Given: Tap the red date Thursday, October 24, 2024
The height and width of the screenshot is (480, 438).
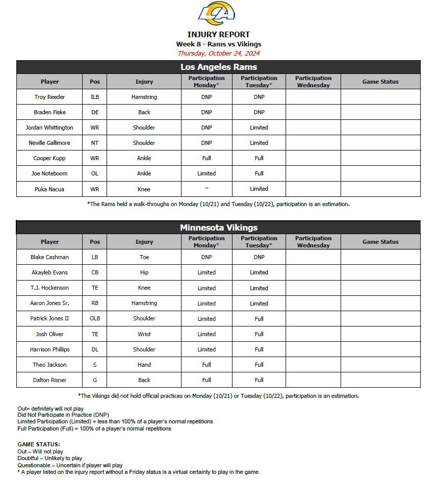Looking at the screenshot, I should coord(218,53).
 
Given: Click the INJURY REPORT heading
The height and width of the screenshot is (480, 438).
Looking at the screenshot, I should coord(218,35).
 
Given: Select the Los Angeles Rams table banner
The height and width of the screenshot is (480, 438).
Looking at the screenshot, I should coord(218,67).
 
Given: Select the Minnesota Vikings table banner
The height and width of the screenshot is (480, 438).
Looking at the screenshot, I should coord(218,228).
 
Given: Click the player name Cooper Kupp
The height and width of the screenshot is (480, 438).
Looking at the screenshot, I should coord(50,158).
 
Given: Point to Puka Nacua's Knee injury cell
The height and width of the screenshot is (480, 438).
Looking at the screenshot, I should coord(144,189).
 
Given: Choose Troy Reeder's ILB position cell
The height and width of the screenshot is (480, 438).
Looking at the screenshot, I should coord(95,97).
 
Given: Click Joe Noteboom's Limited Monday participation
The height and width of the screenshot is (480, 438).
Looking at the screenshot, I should coord(207,173).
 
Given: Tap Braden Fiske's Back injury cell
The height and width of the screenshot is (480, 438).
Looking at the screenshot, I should coord(144,112).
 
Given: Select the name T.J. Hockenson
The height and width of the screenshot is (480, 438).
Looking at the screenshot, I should coord(50,288).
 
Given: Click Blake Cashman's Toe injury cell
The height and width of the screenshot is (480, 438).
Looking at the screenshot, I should coord(144,257).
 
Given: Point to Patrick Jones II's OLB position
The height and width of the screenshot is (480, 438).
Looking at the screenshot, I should coord(95,318).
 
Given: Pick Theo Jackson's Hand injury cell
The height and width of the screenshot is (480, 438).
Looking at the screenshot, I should coord(144,365).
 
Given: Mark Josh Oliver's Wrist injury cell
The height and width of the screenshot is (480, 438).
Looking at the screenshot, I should coord(144,334).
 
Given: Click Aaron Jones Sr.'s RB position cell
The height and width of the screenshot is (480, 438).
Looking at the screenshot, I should coord(95,303).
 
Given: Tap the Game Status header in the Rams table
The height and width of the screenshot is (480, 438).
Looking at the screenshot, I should coord(380,82).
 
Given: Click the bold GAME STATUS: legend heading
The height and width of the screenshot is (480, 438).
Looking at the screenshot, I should coord(39,444).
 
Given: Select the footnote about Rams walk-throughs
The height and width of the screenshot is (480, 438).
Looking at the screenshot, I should coord(218,204).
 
